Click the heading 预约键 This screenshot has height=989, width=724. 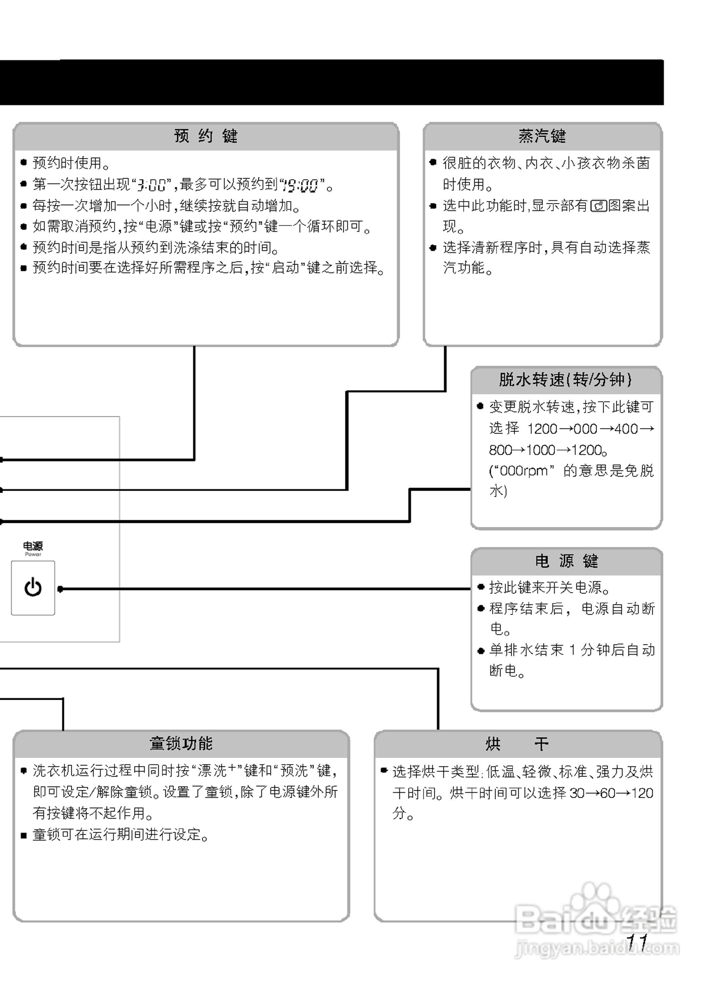point(206,136)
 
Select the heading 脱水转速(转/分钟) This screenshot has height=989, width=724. point(566,380)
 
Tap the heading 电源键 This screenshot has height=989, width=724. point(566,561)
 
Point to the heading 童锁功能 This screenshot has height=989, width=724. point(181,743)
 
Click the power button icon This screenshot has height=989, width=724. point(33,588)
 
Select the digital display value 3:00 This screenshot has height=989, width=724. point(151,185)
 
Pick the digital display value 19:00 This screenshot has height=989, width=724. point(300,185)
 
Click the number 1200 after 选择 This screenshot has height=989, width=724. point(542,429)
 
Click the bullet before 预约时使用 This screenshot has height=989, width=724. point(24,163)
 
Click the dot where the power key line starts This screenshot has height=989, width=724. point(60,589)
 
